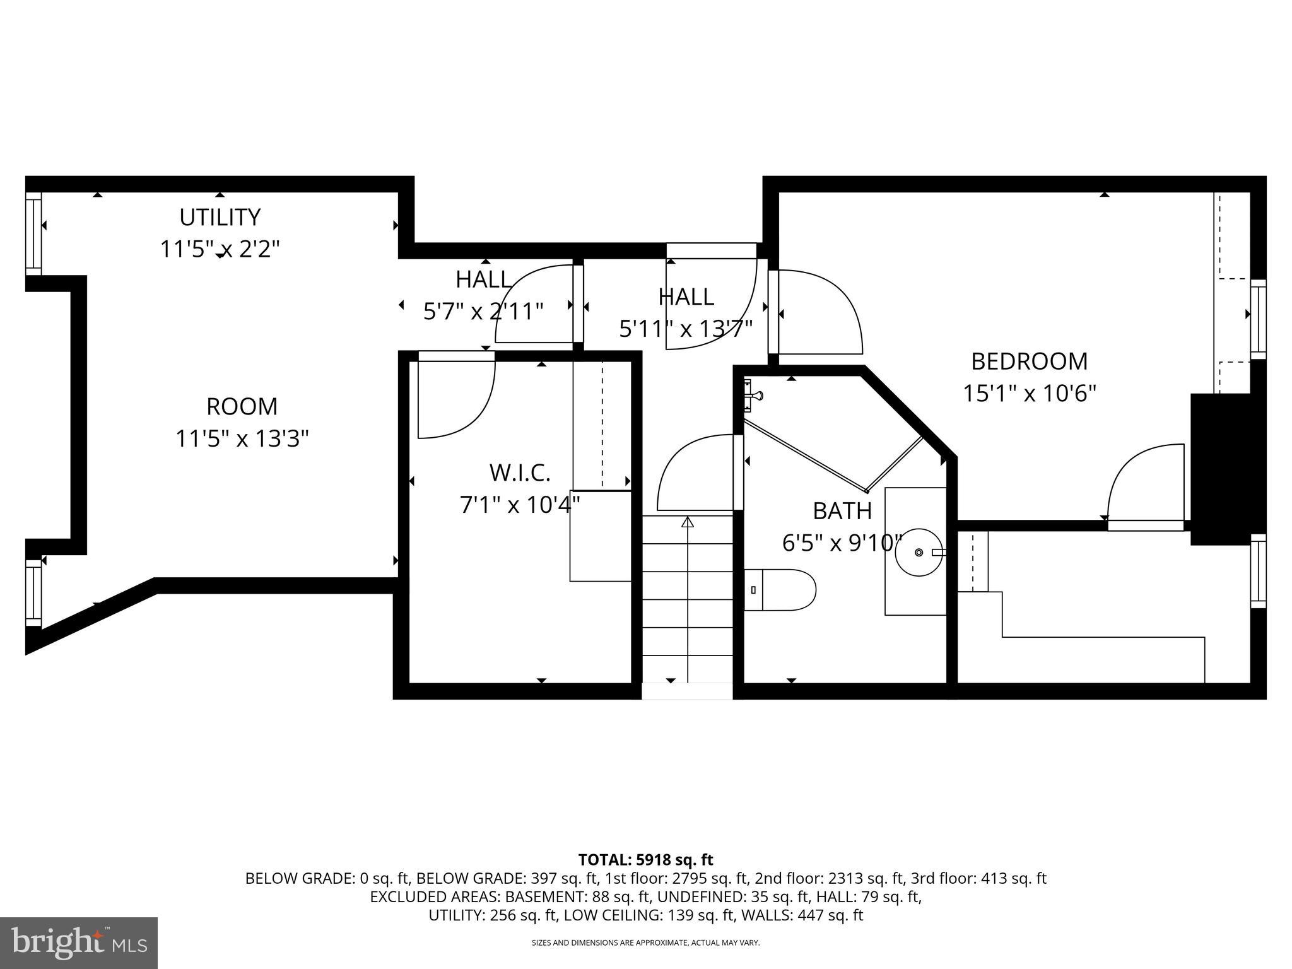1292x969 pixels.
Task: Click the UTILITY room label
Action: click(220, 217)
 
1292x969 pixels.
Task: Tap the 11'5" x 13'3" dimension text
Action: click(242, 438)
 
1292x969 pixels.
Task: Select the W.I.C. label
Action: click(520, 472)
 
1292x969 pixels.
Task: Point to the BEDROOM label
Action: click(1029, 361)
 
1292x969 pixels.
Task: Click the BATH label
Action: click(842, 511)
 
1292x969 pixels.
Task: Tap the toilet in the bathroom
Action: click(780, 590)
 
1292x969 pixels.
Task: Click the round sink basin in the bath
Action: click(919, 552)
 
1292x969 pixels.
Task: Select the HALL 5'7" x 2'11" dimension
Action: click(483, 312)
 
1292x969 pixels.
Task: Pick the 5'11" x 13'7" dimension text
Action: click(686, 329)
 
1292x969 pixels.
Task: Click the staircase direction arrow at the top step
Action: click(688, 522)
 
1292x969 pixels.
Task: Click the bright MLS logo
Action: click(79, 943)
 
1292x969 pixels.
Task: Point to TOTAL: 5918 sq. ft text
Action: click(645, 860)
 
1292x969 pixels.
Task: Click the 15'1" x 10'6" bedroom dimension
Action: click(1029, 394)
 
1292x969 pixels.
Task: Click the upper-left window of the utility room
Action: click(33, 233)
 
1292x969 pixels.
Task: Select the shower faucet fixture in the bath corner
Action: click(753, 395)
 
